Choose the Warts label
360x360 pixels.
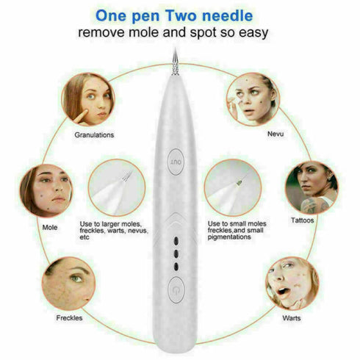click(x=292, y=318)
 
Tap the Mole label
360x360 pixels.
click(x=50, y=227)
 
